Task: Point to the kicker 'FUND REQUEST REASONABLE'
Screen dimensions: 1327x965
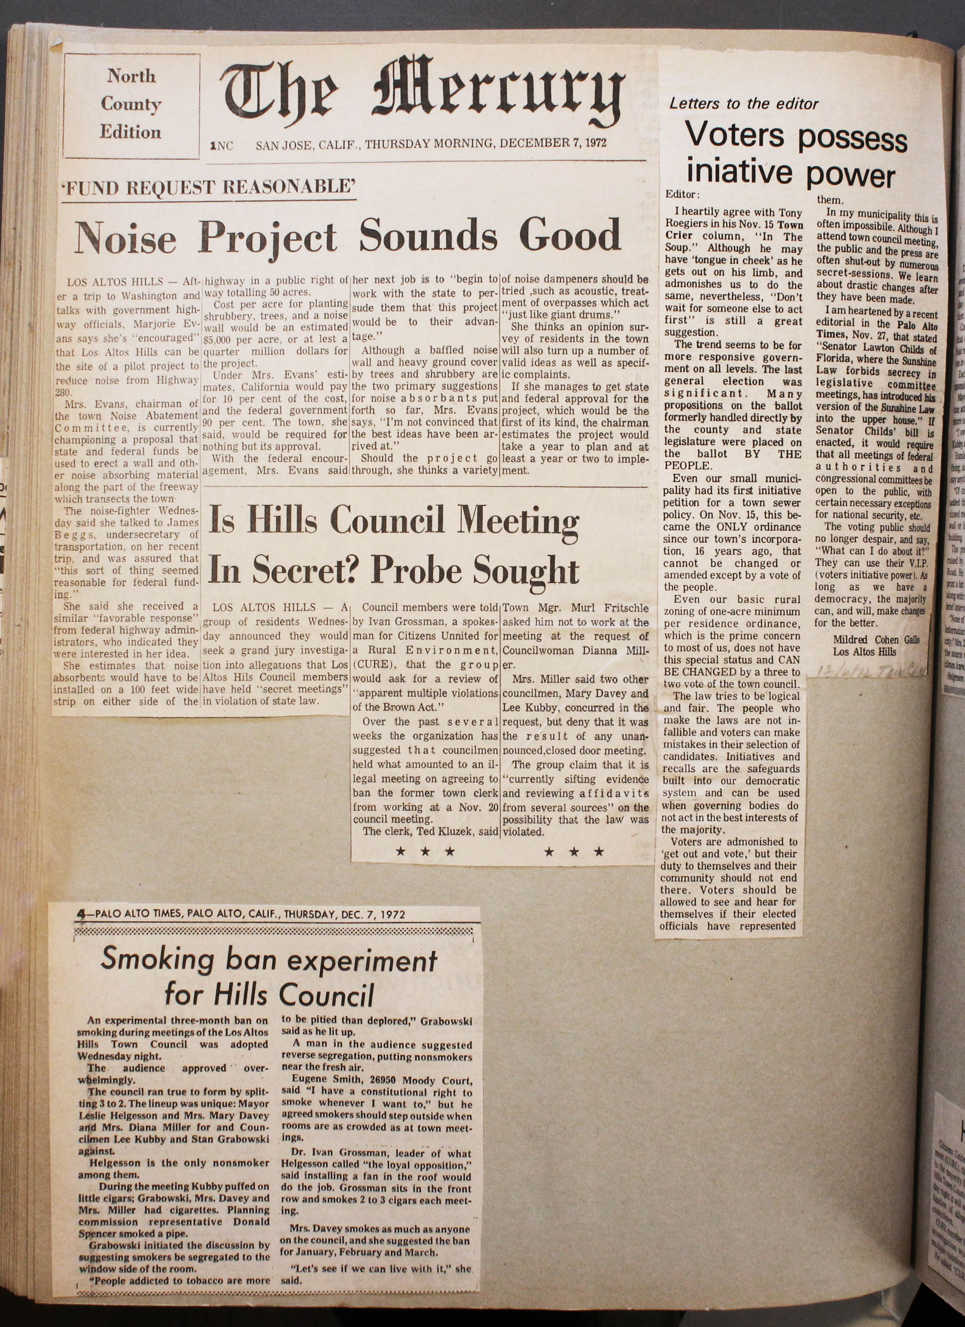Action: tap(209, 187)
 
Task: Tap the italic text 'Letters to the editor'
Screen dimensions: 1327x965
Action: tap(743, 104)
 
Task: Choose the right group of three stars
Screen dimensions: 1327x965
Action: tap(573, 852)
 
